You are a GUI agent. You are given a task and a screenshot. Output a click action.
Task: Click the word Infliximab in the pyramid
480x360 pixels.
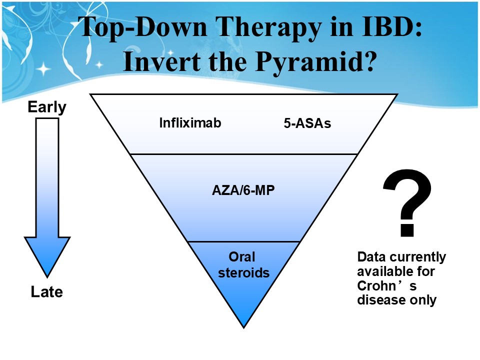[x=190, y=123]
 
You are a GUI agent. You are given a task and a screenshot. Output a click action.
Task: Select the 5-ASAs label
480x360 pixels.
[x=307, y=123]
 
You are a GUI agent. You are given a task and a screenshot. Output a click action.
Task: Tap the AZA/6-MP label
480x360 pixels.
[x=243, y=190]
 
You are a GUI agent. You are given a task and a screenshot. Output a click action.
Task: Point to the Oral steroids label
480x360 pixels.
[x=243, y=265]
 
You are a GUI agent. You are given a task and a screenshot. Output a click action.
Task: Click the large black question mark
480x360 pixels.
[x=407, y=203]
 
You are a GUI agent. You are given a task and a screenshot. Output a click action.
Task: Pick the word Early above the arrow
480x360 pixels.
[x=47, y=107]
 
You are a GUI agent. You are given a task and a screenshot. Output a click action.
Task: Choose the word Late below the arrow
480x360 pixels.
[x=47, y=291]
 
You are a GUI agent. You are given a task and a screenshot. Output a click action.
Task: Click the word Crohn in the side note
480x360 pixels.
[x=377, y=285]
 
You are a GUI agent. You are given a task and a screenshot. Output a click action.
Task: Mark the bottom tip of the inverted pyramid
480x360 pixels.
[x=243, y=328]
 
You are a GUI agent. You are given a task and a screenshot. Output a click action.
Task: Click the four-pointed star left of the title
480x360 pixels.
[x=44, y=68]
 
